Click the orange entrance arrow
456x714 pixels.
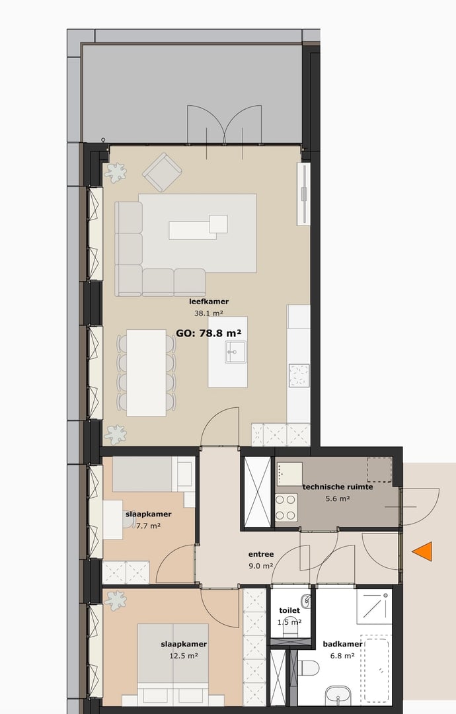[x=422, y=551]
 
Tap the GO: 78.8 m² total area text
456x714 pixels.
[x=208, y=333]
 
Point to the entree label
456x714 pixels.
[x=261, y=554]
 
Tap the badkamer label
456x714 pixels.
[x=342, y=644]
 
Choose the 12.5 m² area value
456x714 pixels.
[x=184, y=656]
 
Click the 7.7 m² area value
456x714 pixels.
[x=148, y=526]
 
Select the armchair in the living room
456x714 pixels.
[x=162, y=173]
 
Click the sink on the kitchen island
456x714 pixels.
[x=235, y=352]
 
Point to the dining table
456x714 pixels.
[x=146, y=373]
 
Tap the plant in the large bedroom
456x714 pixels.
[x=116, y=601]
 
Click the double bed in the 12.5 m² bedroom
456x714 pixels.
[x=173, y=661]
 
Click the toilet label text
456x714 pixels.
[x=289, y=611]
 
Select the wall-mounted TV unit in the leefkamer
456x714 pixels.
[x=304, y=193]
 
